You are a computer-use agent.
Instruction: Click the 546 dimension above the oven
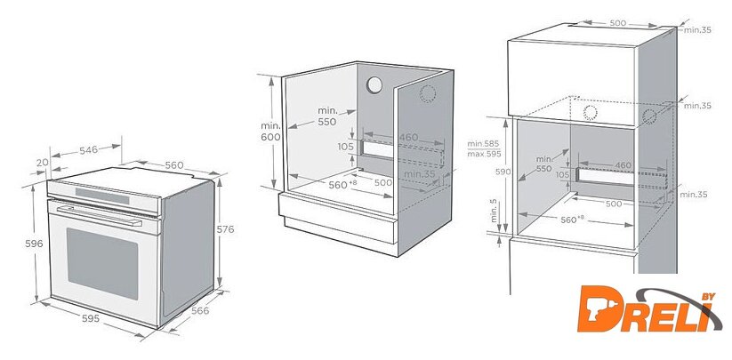tap(88, 150)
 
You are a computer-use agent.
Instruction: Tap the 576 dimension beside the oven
tap(227, 229)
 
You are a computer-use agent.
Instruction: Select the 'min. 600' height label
tap(270, 131)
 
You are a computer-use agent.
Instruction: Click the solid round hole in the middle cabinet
tap(375, 85)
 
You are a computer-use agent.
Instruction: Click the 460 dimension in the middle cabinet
tap(407, 138)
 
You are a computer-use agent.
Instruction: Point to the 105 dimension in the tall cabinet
tap(562, 175)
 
